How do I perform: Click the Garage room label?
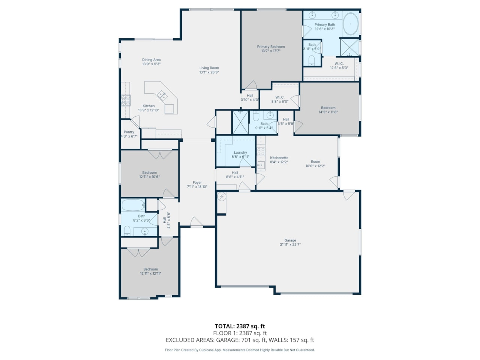coord(290,240)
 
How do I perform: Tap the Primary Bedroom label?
coord(271,47)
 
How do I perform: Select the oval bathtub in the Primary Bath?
coord(351,24)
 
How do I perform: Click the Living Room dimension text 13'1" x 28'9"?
coord(209,72)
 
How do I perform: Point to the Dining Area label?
coord(151,60)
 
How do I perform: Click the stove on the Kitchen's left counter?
coord(126,100)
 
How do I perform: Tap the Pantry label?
coord(129,132)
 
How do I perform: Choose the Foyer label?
coord(197,183)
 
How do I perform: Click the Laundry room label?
coord(240,153)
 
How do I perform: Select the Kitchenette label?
coord(279,158)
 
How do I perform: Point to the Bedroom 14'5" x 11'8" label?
coord(328,108)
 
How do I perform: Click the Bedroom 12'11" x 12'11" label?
coord(150,269)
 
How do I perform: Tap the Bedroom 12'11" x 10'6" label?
coord(150,172)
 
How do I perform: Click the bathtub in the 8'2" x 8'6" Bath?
coord(133,205)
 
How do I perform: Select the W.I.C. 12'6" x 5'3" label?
coord(339,64)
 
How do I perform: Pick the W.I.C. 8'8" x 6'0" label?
coord(280,97)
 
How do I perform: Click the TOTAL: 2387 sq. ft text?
coord(240,326)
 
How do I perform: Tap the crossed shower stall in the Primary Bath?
coord(349,47)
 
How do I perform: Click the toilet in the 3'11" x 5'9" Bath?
coord(311,60)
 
